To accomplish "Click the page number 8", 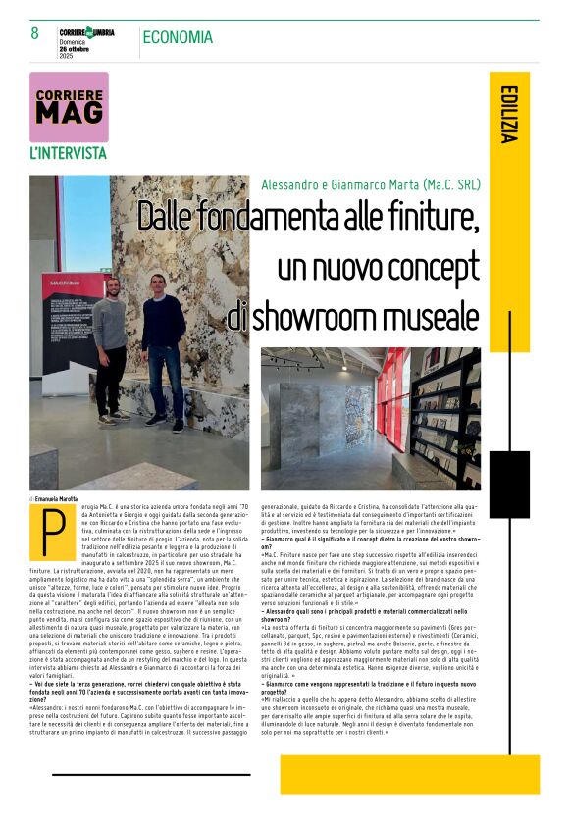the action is tap(35, 34).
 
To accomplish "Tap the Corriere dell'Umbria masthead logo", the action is tap(86, 32).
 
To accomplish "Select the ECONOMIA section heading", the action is tap(177, 37).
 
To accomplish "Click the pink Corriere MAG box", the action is tap(69, 106).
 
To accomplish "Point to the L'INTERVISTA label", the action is tap(68, 153).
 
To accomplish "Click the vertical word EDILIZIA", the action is tap(507, 114).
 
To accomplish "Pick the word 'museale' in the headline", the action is tap(430, 316).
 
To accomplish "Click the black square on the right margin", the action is tap(509, 485).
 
